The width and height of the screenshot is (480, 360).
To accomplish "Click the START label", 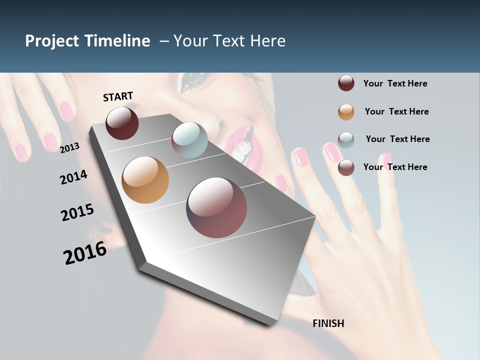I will [x=118, y=96].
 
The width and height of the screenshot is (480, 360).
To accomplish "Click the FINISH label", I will [x=328, y=323].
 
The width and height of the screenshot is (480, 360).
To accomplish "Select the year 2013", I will [x=70, y=147].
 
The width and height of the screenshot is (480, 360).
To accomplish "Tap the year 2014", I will [x=73, y=177].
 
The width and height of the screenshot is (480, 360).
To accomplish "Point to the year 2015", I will [x=77, y=212].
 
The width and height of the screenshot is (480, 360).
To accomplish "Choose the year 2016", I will [x=85, y=253].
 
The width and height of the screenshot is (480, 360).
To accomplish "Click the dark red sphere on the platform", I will [x=122, y=123].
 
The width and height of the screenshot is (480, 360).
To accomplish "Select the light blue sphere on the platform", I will [x=189, y=139].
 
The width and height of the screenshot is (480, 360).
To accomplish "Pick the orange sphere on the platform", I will [x=145, y=180].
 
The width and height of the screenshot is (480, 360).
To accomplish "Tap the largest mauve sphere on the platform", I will [x=216, y=207].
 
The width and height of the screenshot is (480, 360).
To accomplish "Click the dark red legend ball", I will [x=346, y=83].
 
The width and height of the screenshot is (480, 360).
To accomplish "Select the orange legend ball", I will [x=346, y=112].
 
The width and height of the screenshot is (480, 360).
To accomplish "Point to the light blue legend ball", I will [x=346, y=139].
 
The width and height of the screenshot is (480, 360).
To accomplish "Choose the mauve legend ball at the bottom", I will [x=346, y=167].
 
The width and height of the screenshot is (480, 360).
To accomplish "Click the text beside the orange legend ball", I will [x=396, y=111].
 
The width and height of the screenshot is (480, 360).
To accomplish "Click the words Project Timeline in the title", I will [x=87, y=41].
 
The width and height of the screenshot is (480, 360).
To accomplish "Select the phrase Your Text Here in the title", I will [x=229, y=41].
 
